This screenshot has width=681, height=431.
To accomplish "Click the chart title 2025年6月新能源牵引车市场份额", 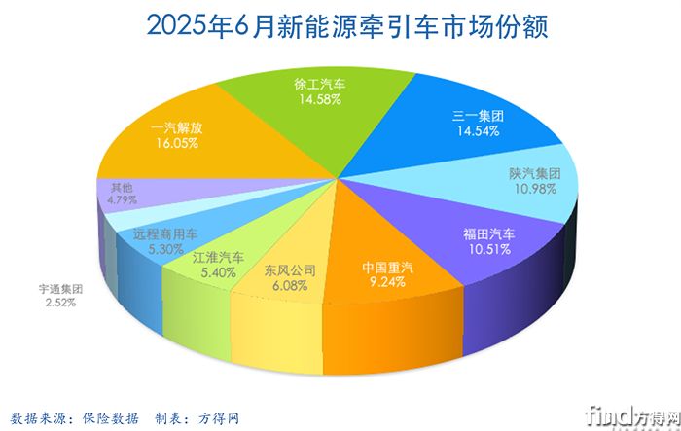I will pos(340,26).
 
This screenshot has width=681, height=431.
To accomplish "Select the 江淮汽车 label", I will pos(218,259).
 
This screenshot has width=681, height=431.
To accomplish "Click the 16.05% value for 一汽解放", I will pos(177,142).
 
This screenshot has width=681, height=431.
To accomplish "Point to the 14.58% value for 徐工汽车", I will pos(319,99).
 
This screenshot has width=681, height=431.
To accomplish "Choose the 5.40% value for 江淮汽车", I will pos(218,273).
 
